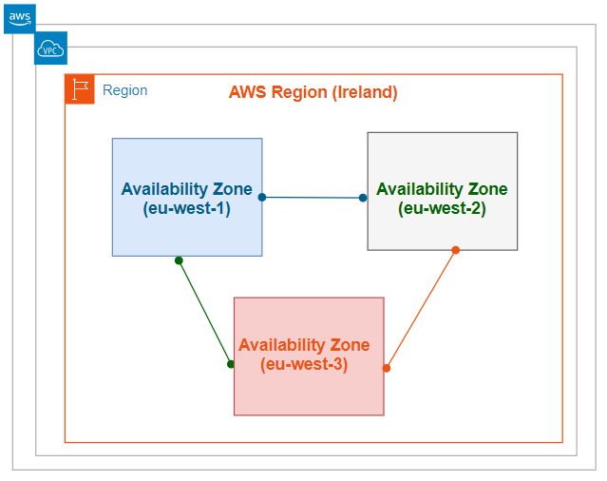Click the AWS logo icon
click(x=19, y=18)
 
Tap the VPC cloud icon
click(x=50, y=48)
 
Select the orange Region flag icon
click(x=80, y=89)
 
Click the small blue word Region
click(x=124, y=90)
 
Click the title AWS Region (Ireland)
click(x=313, y=92)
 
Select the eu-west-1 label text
click(x=186, y=208)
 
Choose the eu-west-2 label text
click(x=442, y=208)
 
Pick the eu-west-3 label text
click(x=304, y=363)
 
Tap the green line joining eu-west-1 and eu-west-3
click(x=204, y=312)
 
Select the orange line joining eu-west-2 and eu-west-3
click(x=421, y=309)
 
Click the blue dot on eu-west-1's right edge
click(x=262, y=198)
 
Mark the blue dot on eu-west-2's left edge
click(x=363, y=198)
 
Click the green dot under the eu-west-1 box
click(x=179, y=260)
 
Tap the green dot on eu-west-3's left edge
click(x=231, y=364)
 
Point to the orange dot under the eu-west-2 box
click(x=455, y=250)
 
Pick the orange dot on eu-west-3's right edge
click(x=387, y=368)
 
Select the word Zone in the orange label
click(x=349, y=344)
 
